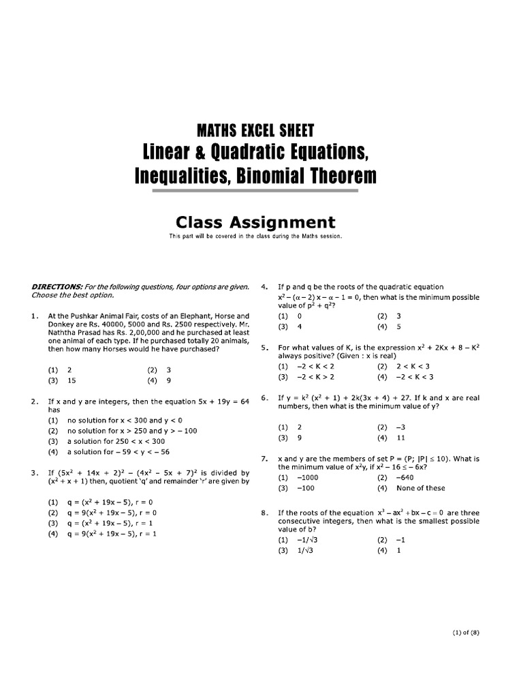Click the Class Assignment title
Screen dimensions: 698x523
pos(255,222)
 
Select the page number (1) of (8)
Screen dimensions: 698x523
pos(466,633)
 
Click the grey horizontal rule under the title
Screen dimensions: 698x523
pos(255,192)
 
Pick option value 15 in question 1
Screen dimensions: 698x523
pos(71,381)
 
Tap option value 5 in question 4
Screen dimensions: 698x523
pos(399,327)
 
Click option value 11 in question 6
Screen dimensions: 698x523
pos(400,438)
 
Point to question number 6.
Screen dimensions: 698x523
pos(265,398)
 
